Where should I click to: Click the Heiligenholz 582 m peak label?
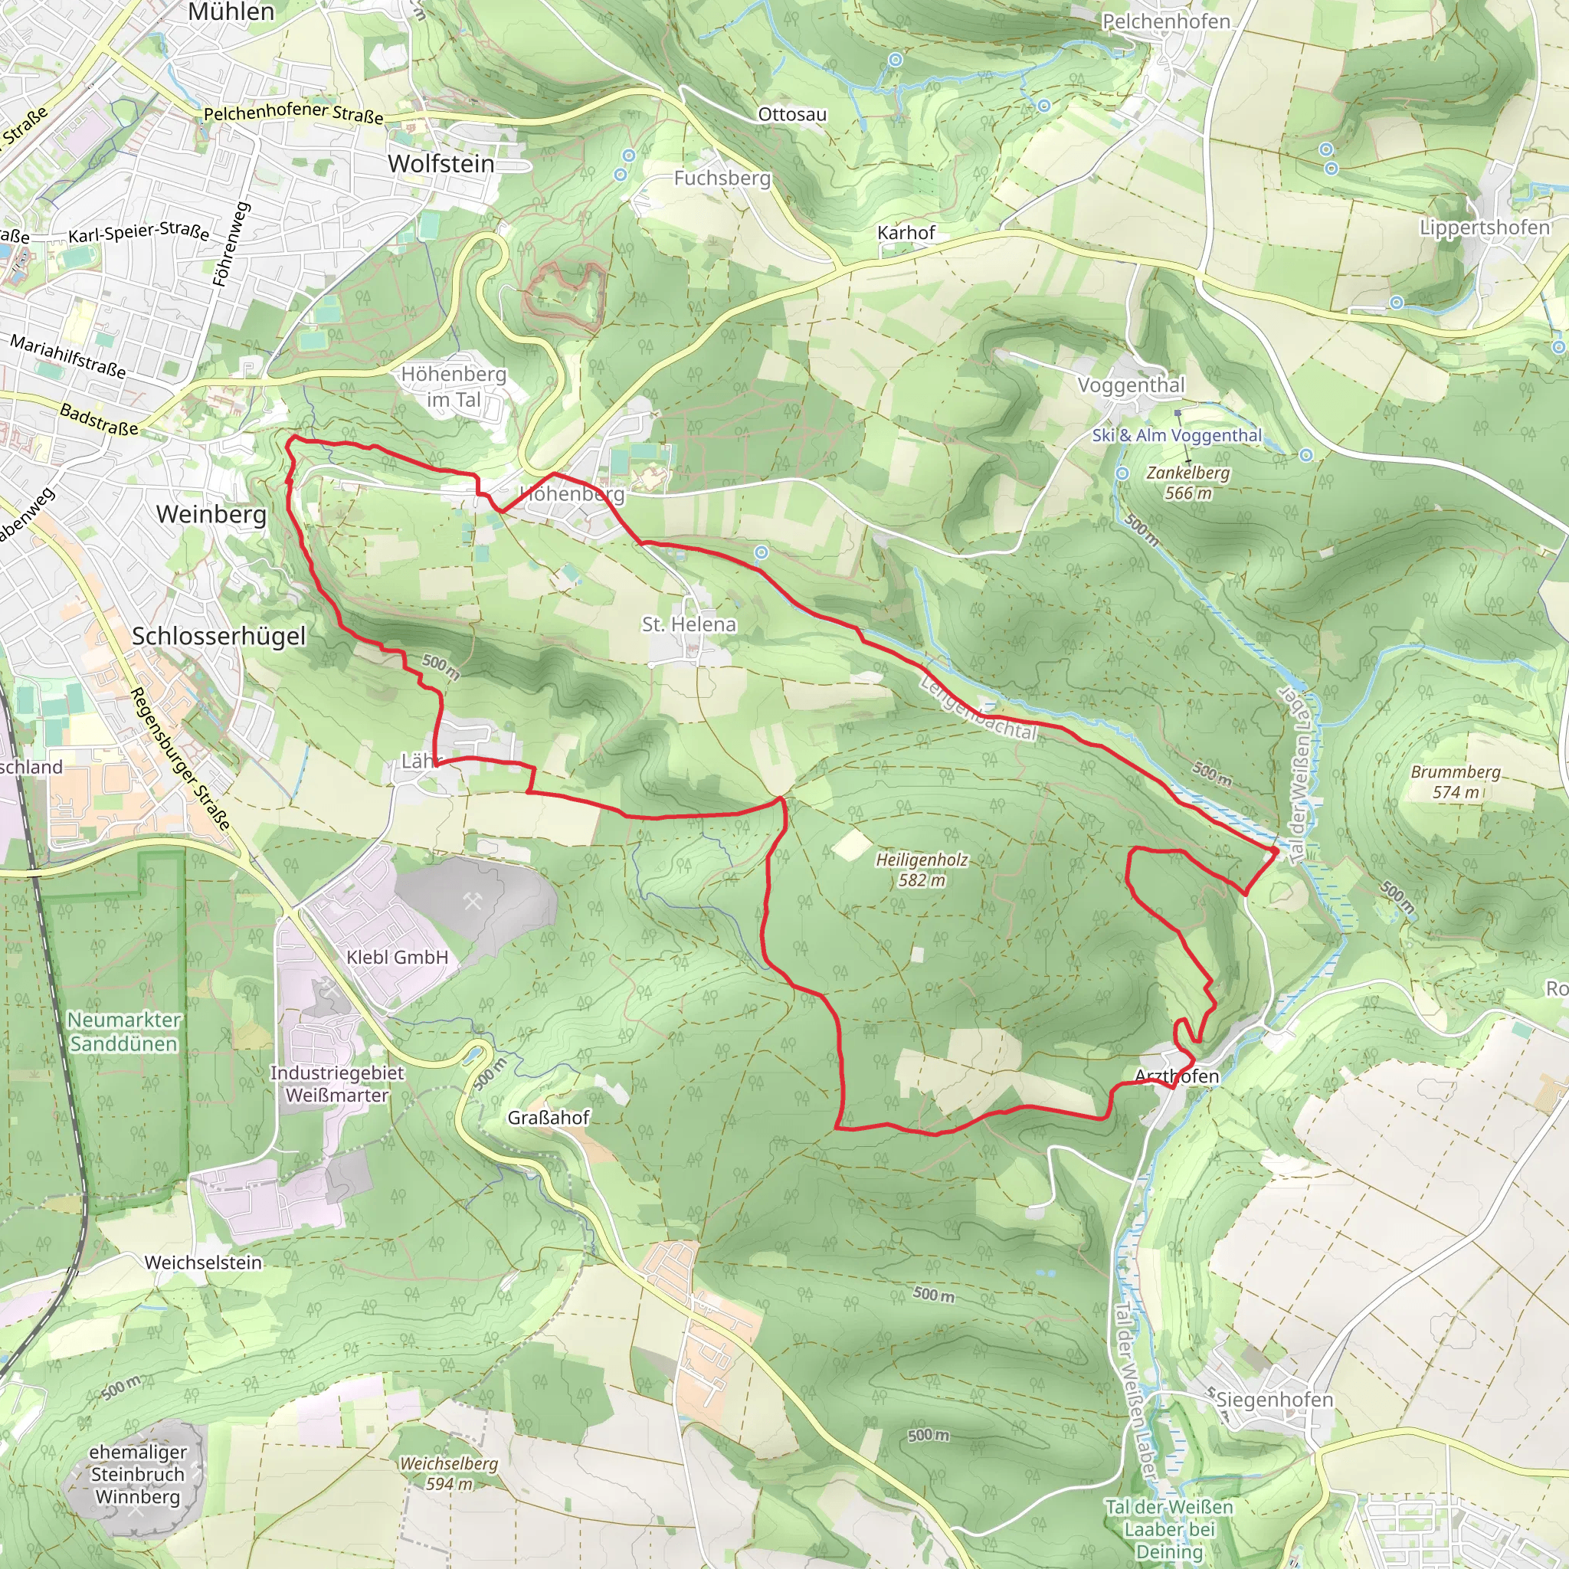tap(922, 870)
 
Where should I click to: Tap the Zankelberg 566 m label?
tap(1187, 483)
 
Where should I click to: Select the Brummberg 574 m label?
tap(1456, 781)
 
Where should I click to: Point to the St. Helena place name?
tap(689, 624)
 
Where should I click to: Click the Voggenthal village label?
tap(1131, 385)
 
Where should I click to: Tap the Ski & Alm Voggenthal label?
tap(1177, 435)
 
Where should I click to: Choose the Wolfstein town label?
tap(441, 163)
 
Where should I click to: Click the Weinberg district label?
tap(211, 514)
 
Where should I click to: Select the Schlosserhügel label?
tap(218, 636)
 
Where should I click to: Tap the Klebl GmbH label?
tap(397, 958)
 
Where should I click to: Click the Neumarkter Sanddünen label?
tap(123, 1031)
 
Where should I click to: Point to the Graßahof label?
tap(549, 1118)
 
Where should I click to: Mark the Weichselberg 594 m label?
tap(448, 1473)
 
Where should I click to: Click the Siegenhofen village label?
tap(1274, 1399)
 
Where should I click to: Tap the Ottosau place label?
tap(792, 114)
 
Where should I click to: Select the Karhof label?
tap(906, 233)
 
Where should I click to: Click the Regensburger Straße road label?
tap(180, 758)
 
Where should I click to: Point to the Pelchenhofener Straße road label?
tap(293, 113)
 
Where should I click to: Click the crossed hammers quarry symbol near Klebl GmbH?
tap(473, 901)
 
